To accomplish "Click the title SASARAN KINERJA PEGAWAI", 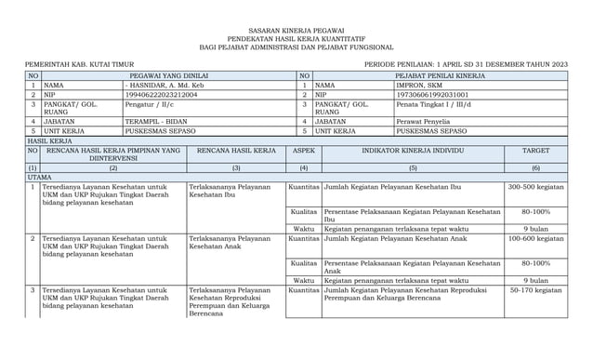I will (x=296, y=32).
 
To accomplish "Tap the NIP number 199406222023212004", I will (x=161, y=95).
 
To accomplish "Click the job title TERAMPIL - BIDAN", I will (x=155, y=121).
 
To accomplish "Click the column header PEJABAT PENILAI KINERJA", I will (x=440, y=74).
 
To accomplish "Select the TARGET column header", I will (x=535, y=150).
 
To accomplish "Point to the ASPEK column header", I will (x=304, y=150).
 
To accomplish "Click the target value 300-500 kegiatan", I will (x=535, y=188).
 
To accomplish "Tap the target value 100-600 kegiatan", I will (x=535, y=239).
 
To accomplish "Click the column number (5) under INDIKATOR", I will (x=412, y=167).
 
